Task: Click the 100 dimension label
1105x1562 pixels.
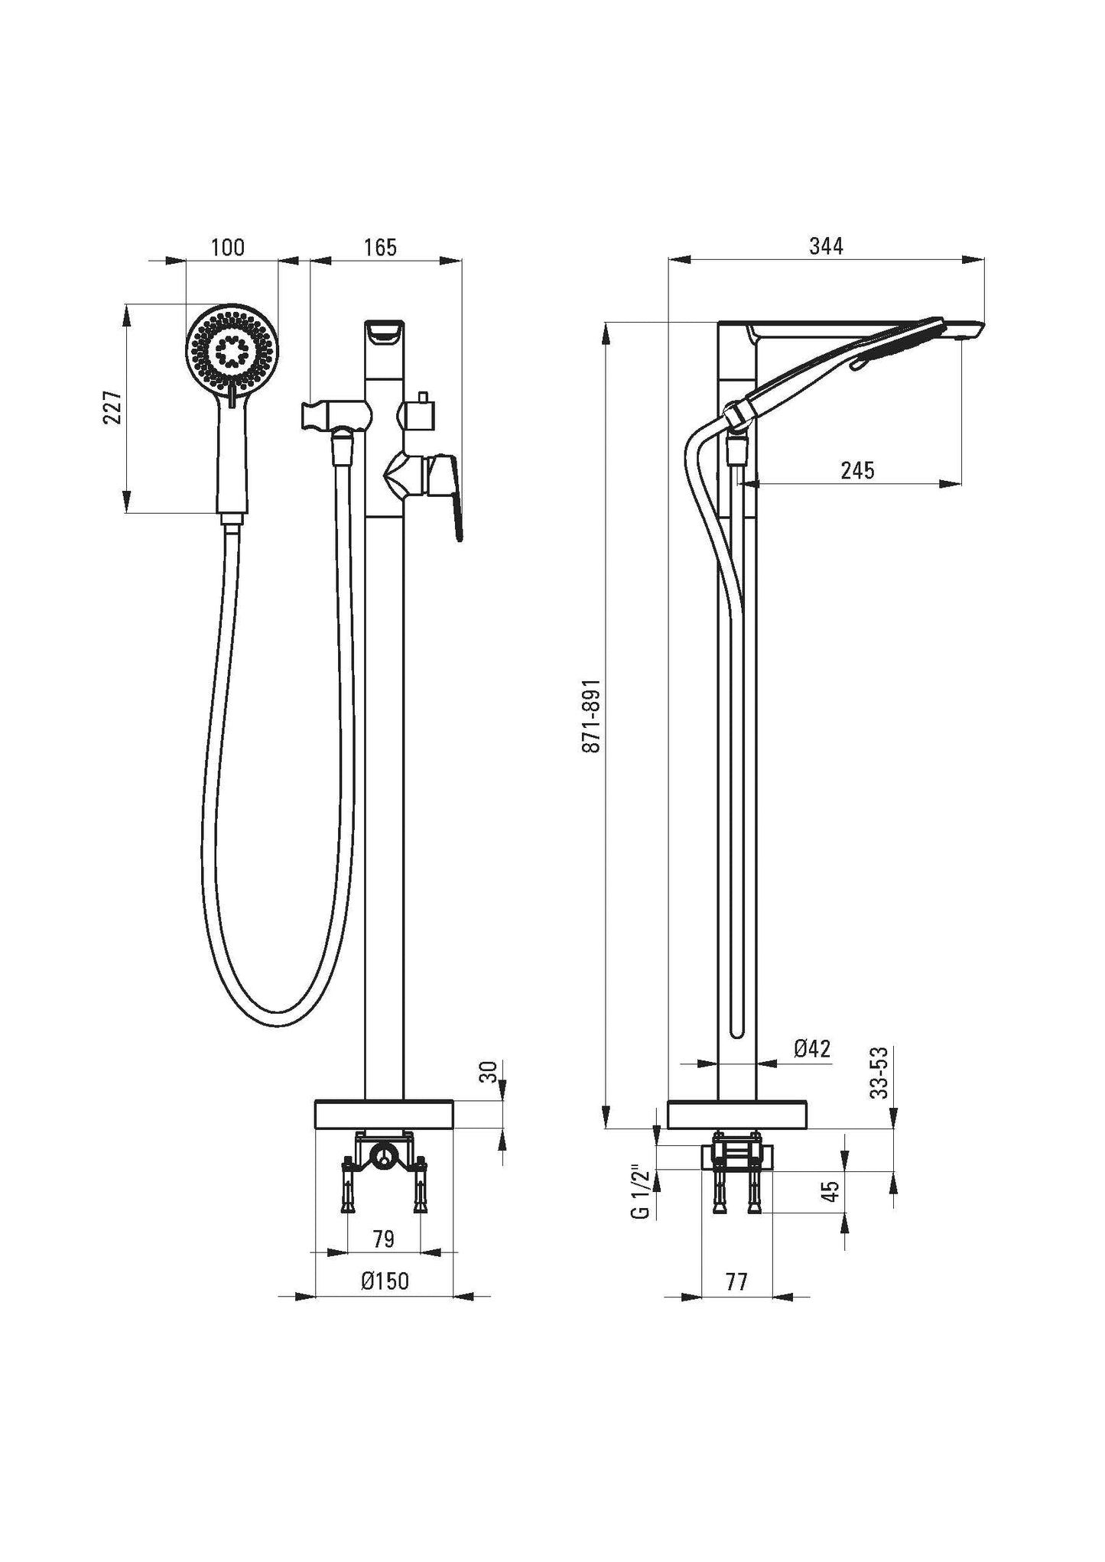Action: coord(228,248)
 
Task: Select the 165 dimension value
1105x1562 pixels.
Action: coord(380,248)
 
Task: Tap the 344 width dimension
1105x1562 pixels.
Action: coord(826,246)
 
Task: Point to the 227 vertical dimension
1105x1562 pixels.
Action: coord(113,408)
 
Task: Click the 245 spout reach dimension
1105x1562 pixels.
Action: coord(857,469)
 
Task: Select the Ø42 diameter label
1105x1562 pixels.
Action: coord(812,1048)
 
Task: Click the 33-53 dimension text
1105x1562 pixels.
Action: coord(882,1073)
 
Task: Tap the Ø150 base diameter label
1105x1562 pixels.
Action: coord(385,1281)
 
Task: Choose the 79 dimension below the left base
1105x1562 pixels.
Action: coord(384,1239)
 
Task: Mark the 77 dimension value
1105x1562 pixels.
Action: coord(736,1281)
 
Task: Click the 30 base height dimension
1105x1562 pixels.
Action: coord(492,1071)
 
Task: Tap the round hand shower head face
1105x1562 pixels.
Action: coord(232,351)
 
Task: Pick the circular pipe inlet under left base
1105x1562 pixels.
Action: coord(383,1154)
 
